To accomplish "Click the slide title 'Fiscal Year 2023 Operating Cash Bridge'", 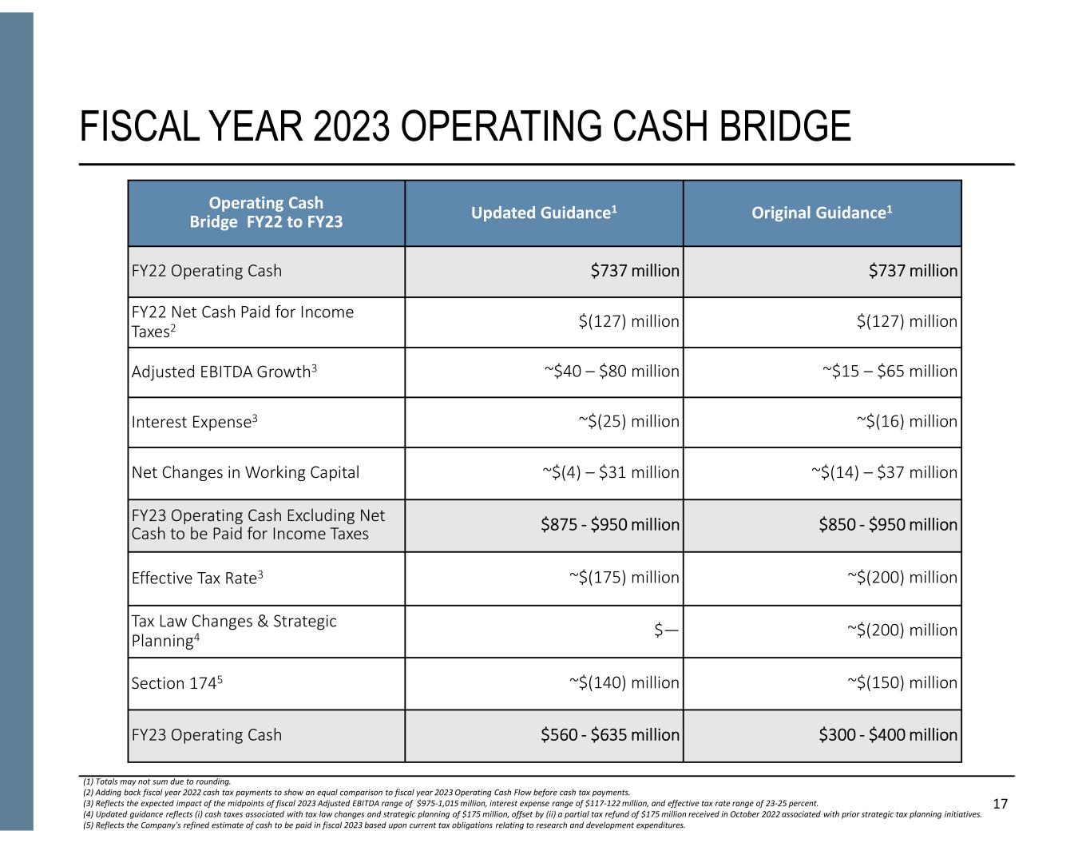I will click(x=466, y=127).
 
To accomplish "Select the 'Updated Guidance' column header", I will click(x=544, y=213).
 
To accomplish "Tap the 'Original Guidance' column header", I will click(x=822, y=213).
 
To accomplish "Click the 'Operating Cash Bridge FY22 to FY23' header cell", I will click(x=266, y=213).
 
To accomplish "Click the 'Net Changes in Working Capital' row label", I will click(x=245, y=472).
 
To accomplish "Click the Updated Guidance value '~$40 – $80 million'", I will click(x=612, y=372).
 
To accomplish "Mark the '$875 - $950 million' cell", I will click(x=610, y=525).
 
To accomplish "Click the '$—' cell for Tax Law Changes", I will click(x=666, y=630).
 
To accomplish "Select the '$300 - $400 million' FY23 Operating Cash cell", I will click(x=888, y=735).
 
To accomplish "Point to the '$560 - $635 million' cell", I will click(x=610, y=735).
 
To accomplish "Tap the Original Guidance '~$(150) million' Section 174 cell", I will click(x=902, y=683).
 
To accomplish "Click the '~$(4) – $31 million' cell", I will click(x=611, y=472).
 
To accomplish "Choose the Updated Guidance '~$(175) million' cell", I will click(x=624, y=578).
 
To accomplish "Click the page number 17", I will click(x=1001, y=804).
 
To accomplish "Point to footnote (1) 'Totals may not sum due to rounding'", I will click(x=157, y=781).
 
